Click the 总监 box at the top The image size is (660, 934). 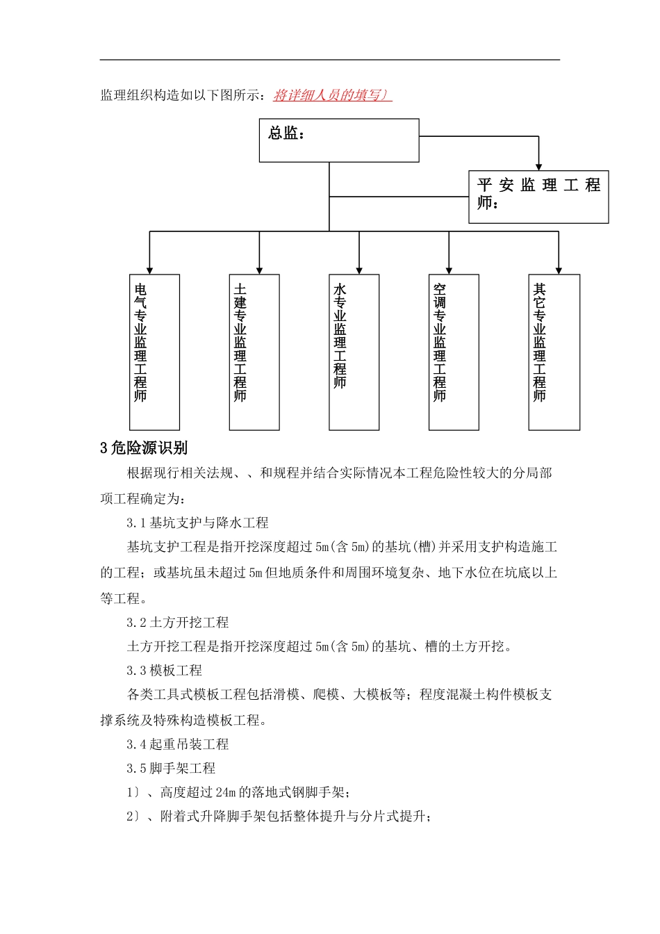pos(339,140)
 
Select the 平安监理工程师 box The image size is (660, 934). pos(538,197)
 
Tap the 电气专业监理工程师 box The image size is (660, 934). pos(154,352)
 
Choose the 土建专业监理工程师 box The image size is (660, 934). pos(254,352)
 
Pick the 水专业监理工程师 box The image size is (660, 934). pos(354,352)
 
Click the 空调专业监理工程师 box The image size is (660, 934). pos(454,352)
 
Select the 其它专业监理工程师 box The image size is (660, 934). pos(554,352)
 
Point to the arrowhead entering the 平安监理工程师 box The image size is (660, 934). pos(538,166)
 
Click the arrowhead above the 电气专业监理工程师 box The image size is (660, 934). pos(149,270)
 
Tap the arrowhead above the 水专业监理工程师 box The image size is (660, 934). pos(359,270)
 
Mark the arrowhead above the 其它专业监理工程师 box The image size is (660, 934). pos(559,270)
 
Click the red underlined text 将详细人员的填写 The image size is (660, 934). pos(332,95)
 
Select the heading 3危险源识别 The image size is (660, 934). pos(144,448)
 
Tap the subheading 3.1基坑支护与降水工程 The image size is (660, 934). pos(197,523)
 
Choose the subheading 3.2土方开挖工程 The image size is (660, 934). pos(178,622)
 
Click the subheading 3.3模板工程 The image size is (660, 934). pos(165,671)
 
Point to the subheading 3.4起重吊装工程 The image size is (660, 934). pos(178,744)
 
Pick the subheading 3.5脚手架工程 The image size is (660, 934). pos(171,768)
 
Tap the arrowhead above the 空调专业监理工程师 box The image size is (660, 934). pos(449,270)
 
